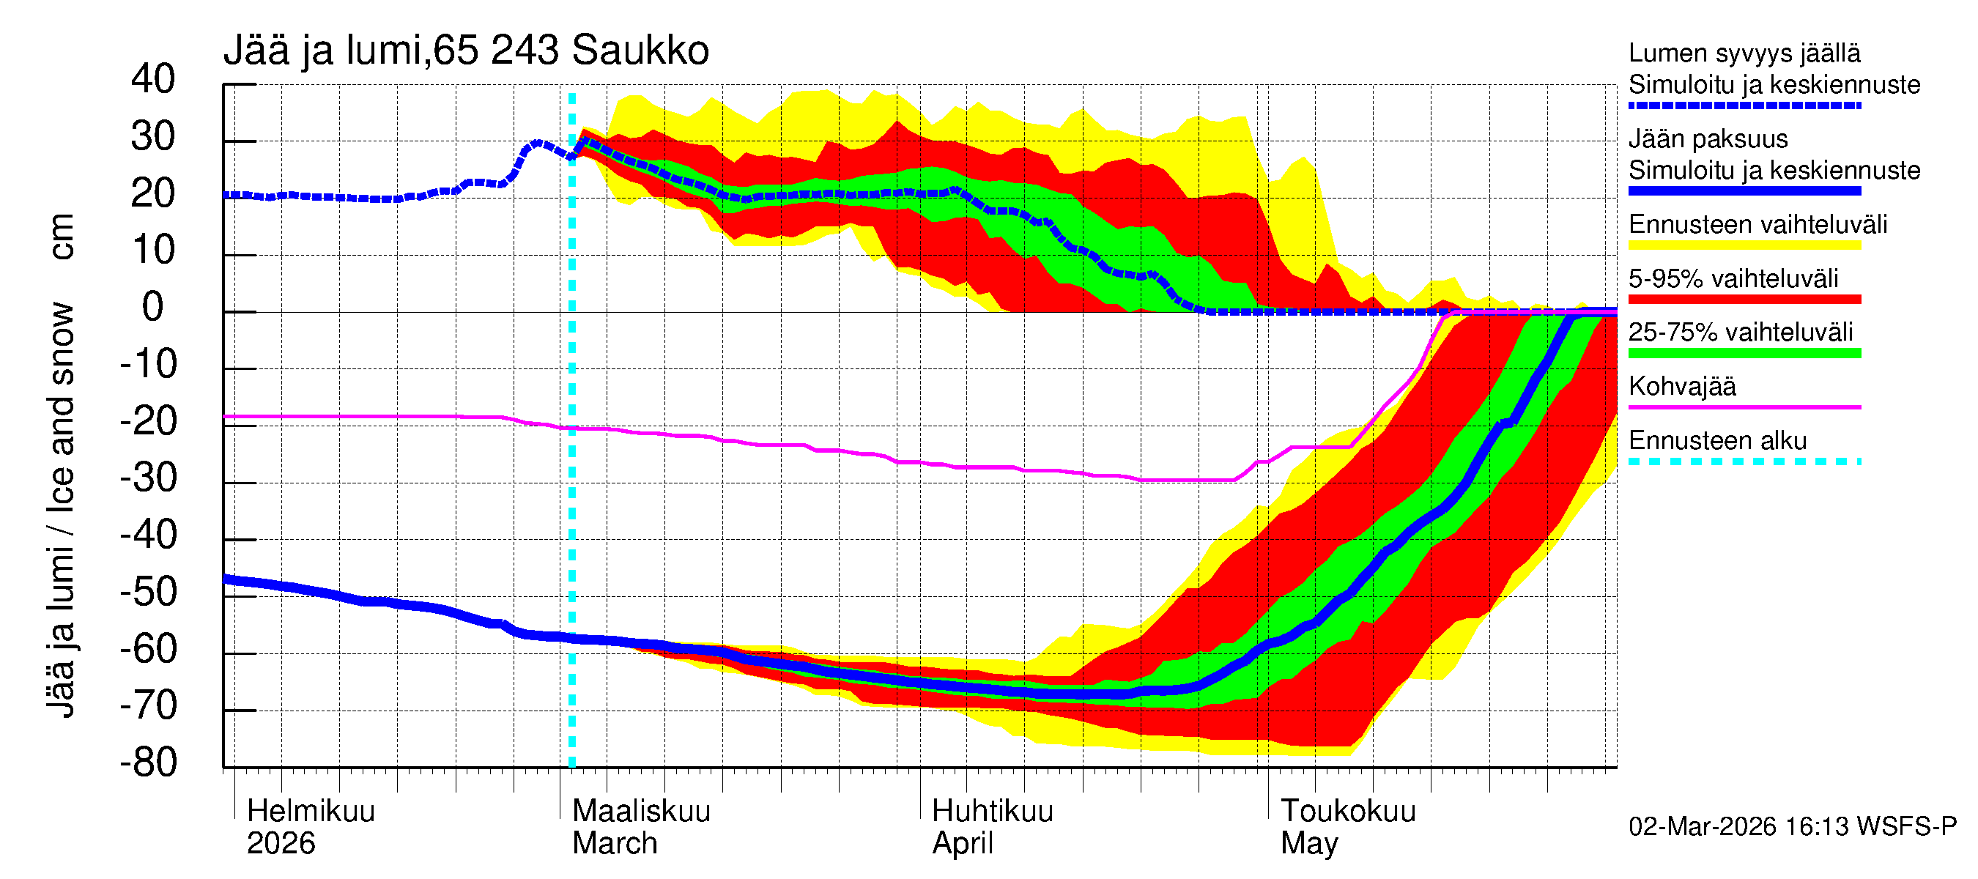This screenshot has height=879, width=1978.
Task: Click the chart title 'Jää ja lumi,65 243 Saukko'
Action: click(x=465, y=51)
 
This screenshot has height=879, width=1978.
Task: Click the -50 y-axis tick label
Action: click(x=148, y=592)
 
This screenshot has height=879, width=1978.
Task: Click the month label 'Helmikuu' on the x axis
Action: click(x=310, y=811)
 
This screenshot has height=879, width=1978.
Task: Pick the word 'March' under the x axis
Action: click(x=615, y=843)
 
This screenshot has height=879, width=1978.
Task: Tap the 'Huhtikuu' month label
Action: click(x=992, y=811)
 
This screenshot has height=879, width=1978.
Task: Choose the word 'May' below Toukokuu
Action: click(x=1308, y=843)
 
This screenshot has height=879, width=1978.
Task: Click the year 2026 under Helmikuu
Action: click(x=281, y=843)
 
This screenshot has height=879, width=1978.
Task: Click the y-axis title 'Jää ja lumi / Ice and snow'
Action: click(x=62, y=511)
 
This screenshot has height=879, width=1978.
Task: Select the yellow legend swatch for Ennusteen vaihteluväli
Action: click(x=1744, y=245)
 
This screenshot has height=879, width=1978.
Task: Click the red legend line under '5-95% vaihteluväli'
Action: click(x=1744, y=300)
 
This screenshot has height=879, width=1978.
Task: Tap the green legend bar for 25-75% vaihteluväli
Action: click(x=1744, y=353)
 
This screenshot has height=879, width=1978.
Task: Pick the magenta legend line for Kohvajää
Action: click(x=1744, y=407)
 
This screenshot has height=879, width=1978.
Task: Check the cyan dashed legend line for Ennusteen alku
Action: click(x=1744, y=461)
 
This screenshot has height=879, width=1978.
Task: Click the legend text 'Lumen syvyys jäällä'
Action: click(x=1744, y=53)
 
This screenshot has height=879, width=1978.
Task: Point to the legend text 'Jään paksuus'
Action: click(x=1708, y=139)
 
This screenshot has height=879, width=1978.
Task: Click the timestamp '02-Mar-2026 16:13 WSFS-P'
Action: click(x=1792, y=826)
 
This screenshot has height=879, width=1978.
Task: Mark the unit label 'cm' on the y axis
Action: click(x=62, y=237)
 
